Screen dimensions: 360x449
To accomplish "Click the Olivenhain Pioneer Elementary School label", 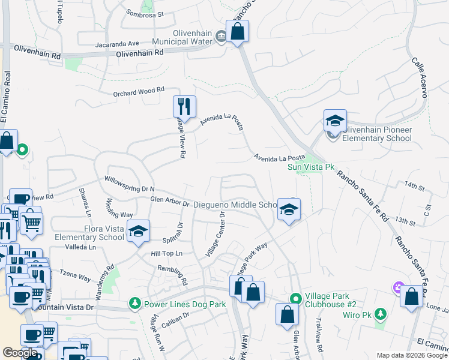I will click(x=377, y=134).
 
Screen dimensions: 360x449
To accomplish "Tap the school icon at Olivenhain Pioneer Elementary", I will click(x=335, y=121).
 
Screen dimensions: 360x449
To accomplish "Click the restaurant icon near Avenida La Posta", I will click(x=184, y=107).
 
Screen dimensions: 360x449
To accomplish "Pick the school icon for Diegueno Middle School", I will click(x=289, y=210).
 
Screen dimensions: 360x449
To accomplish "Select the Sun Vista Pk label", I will click(x=311, y=167).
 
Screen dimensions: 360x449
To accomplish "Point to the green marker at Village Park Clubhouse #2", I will click(x=295, y=298).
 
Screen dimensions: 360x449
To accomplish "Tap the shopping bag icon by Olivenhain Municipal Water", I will click(x=238, y=31).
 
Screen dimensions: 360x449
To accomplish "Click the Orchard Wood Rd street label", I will click(x=139, y=92).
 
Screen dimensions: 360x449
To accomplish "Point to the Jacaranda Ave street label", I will click(x=117, y=44).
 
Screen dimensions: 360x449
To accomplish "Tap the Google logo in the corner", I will click(x=20, y=353).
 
